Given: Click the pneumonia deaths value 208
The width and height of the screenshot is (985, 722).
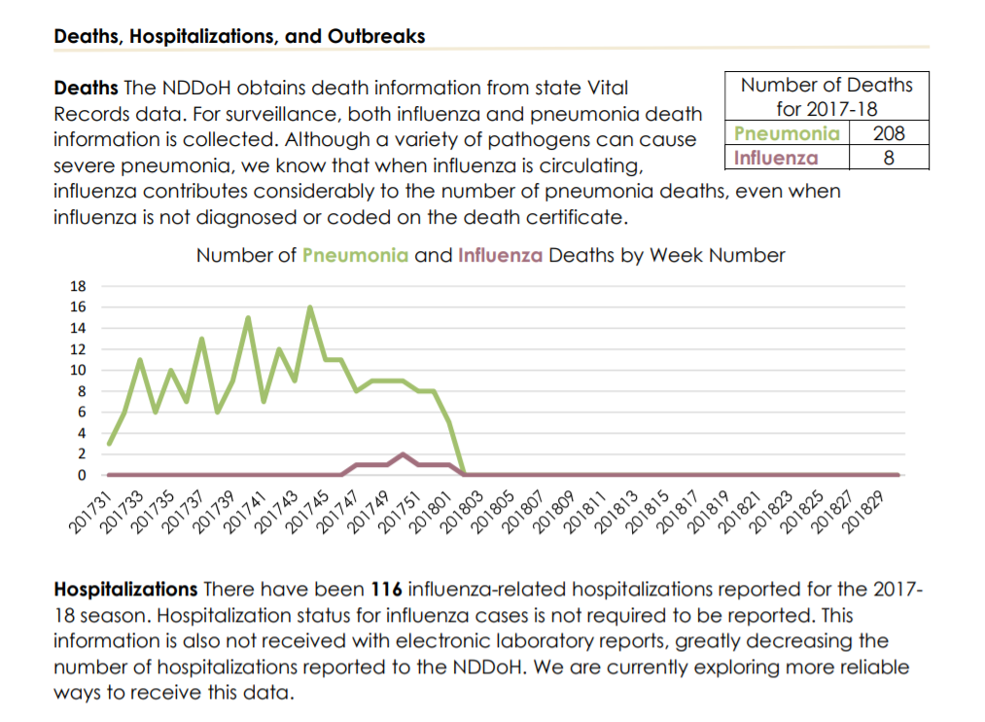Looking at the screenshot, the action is (889, 133).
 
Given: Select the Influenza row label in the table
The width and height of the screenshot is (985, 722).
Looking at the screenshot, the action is (776, 158).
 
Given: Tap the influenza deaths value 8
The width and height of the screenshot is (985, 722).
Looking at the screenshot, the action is (889, 158).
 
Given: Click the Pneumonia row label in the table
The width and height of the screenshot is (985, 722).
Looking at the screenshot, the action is (787, 133).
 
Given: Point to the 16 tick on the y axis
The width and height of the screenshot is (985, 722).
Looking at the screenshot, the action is (78, 307).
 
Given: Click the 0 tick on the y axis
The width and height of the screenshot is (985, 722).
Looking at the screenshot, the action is (82, 475).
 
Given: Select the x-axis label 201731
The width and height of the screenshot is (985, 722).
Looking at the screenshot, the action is (88, 513).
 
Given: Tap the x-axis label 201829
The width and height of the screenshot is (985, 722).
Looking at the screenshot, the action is (862, 513).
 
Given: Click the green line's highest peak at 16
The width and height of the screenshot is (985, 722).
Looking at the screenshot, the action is (310, 307).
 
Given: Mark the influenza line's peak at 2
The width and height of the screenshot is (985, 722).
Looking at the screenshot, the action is (403, 454).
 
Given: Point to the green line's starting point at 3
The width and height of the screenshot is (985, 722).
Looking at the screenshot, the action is (109, 444).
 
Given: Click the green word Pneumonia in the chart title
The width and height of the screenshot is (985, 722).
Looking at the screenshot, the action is (355, 255).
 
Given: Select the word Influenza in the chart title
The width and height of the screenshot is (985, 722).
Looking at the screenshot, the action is (500, 255).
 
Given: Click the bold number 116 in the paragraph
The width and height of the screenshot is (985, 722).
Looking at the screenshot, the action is (386, 590).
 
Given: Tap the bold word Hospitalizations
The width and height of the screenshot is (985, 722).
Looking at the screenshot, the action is (125, 590).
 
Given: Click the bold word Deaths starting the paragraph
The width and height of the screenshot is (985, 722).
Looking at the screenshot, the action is (87, 88).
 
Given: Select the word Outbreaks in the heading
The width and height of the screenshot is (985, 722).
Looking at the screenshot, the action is (376, 36).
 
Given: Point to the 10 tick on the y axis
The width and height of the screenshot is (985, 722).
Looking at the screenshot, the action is (78, 370).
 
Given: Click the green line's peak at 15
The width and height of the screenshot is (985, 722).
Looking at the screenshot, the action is (248, 317).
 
